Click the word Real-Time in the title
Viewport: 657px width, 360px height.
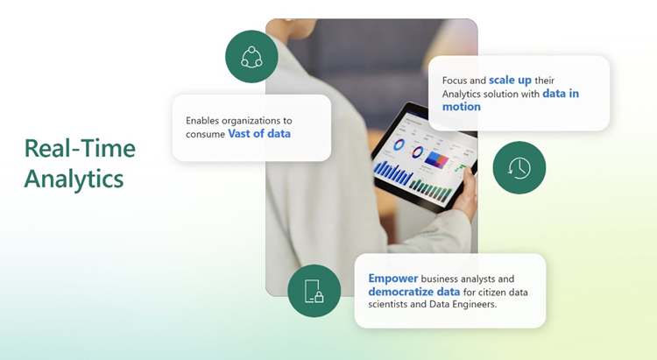(80, 148)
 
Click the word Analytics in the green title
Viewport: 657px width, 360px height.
(74, 178)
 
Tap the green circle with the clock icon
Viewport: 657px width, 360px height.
(519, 167)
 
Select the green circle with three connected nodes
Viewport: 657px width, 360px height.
(251, 57)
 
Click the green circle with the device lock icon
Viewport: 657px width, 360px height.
(314, 291)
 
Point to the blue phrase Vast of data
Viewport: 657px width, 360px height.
(260, 134)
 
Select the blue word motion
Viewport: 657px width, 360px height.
(461, 107)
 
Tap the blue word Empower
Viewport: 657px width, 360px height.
(393, 278)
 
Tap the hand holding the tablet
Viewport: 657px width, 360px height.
(468, 188)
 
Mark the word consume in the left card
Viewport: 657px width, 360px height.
(205, 134)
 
